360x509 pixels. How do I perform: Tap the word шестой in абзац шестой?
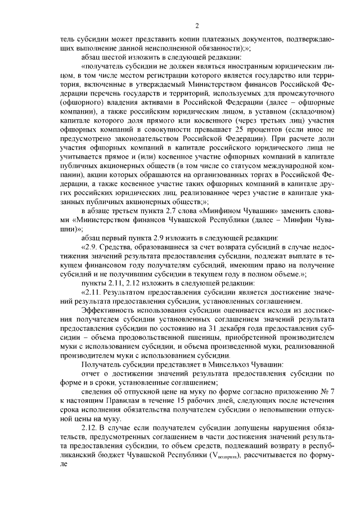point(111,56)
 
